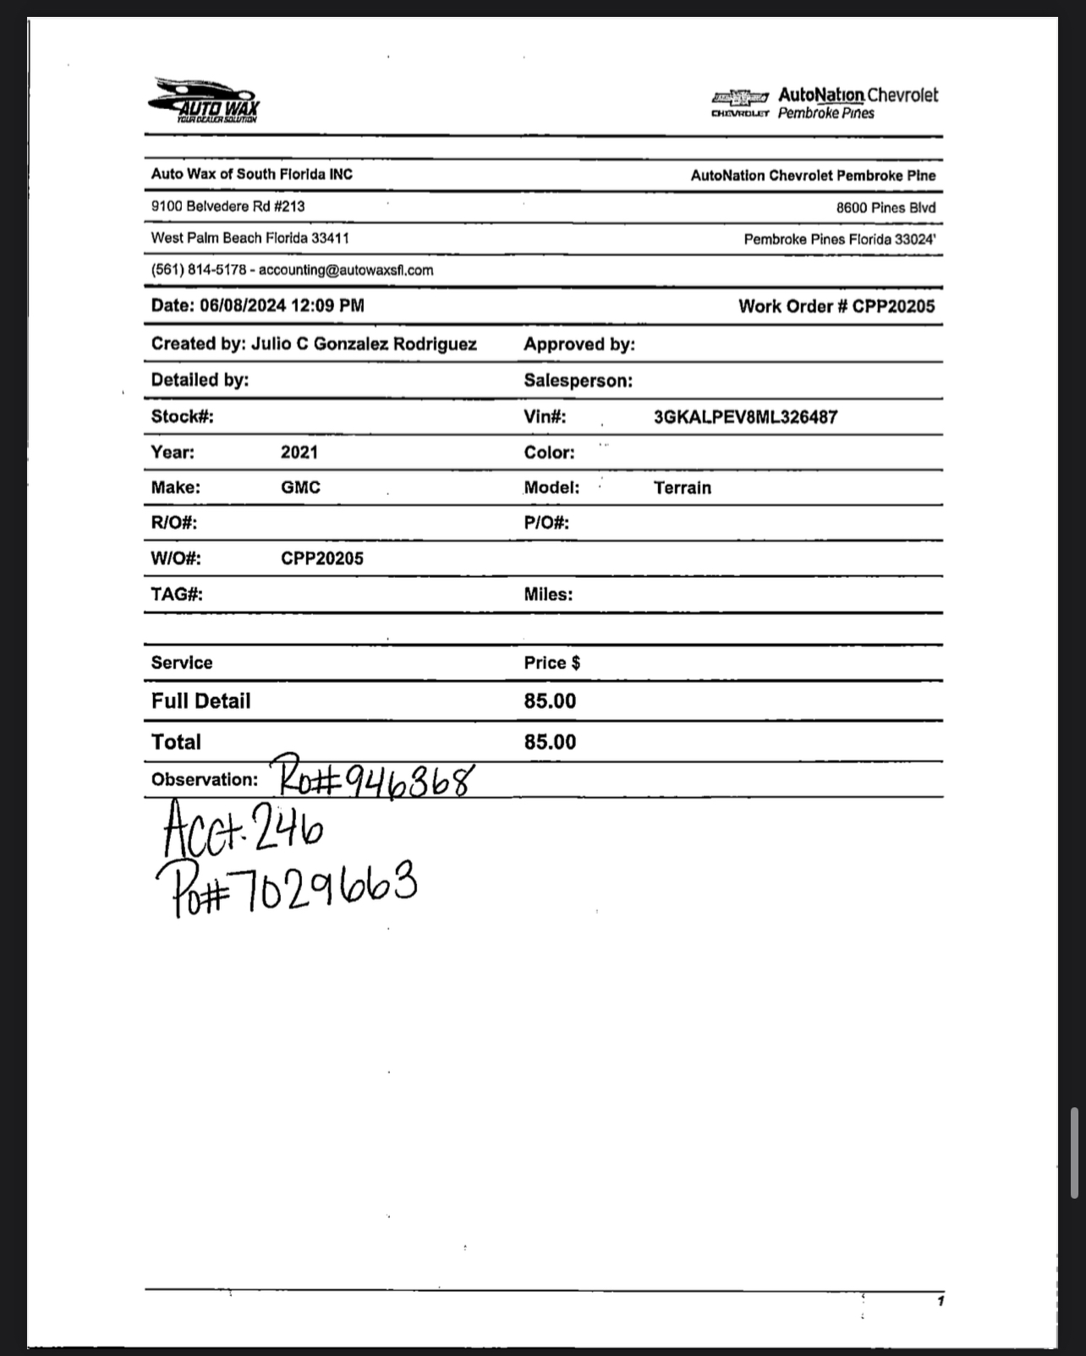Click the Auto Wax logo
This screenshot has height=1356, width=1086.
(204, 101)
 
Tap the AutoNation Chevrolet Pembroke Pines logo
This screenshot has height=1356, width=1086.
(825, 103)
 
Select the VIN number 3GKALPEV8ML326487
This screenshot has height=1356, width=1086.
(745, 417)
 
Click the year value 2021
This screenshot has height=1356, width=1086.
(299, 452)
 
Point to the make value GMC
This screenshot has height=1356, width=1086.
(300, 487)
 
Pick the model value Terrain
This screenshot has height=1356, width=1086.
(682, 488)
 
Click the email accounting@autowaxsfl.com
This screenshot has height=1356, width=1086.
(346, 270)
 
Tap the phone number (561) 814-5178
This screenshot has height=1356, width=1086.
(198, 270)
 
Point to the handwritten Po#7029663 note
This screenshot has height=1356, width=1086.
(288, 887)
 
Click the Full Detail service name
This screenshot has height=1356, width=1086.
(200, 700)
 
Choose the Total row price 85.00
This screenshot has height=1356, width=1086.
(550, 742)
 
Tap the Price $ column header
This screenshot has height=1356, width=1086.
(551, 662)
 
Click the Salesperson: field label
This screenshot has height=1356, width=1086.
(578, 381)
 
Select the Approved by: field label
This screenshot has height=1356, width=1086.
(579, 344)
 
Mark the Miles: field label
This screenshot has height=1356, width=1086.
(548, 595)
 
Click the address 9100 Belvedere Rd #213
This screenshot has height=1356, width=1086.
(228, 206)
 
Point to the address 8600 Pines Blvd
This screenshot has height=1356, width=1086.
(886, 208)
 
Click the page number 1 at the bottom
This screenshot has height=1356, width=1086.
(940, 1301)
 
